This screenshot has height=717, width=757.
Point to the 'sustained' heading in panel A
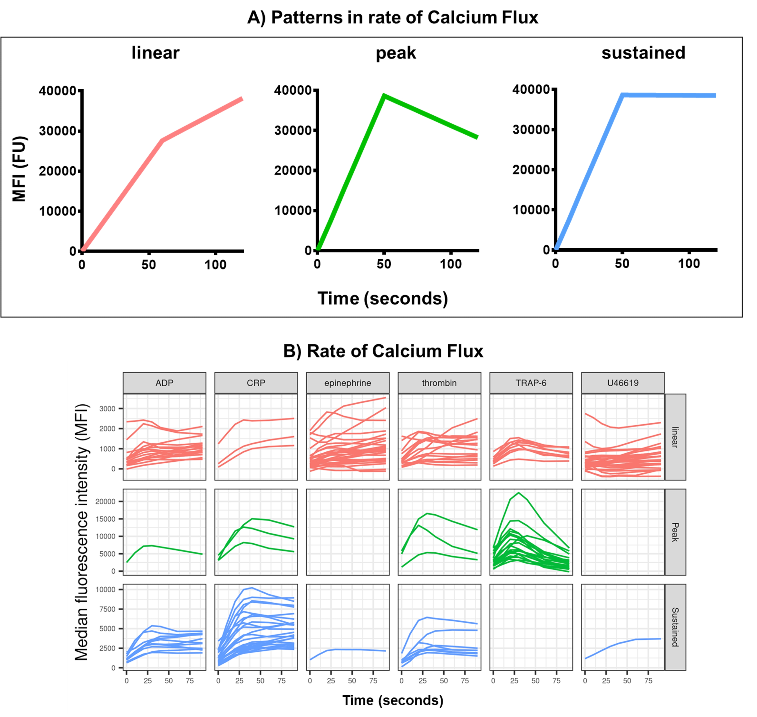(643, 53)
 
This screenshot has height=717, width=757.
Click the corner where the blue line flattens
(623, 95)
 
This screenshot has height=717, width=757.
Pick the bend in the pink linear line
(162, 140)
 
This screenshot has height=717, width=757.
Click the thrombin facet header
(439, 383)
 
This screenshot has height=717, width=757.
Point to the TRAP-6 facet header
(531, 383)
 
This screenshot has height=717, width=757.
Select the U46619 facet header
(623, 383)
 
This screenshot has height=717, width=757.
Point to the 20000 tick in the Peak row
(105, 502)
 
